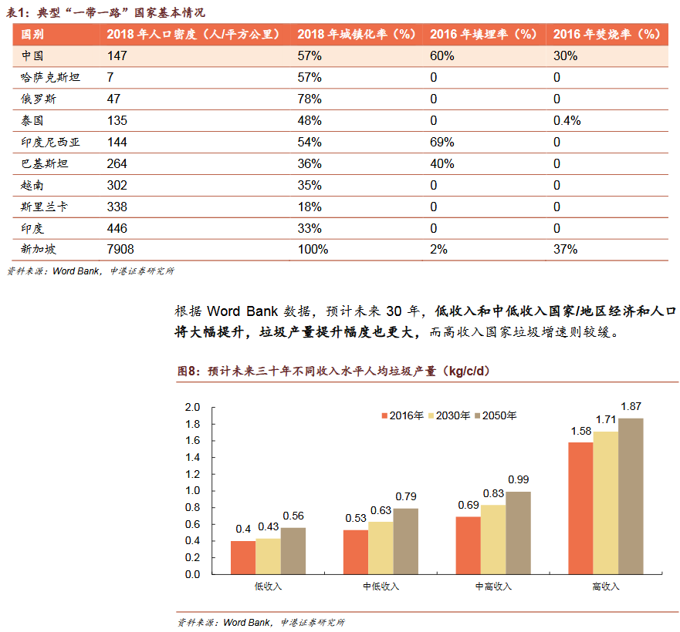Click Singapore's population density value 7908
click(122, 250)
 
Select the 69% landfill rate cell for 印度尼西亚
click(441, 143)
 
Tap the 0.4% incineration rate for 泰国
click(567, 121)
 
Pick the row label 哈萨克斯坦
click(50, 78)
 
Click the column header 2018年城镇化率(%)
click(356, 35)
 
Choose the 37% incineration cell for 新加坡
click(565, 250)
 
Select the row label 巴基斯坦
click(45, 164)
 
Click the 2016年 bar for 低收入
click(243, 557)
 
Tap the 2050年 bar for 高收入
click(631, 496)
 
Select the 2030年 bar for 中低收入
click(381, 547)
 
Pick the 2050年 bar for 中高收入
click(519, 533)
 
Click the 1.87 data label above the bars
click(631, 406)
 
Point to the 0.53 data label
click(356, 518)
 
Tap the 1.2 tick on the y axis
click(192, 474)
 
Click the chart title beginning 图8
click(332, 371)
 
